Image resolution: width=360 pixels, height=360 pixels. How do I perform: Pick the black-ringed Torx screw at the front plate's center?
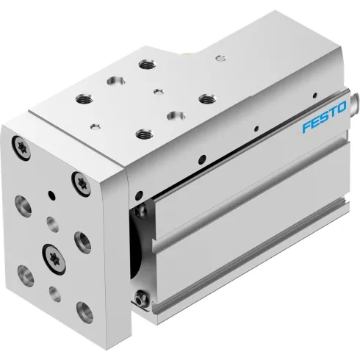pyautogui.click(x=53, y=256)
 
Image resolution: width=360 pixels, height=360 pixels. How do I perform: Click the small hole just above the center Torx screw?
pyautogui.click(x=53, y=223)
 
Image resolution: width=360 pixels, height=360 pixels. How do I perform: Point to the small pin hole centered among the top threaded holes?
pyautogui.click(x=157, y=92)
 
